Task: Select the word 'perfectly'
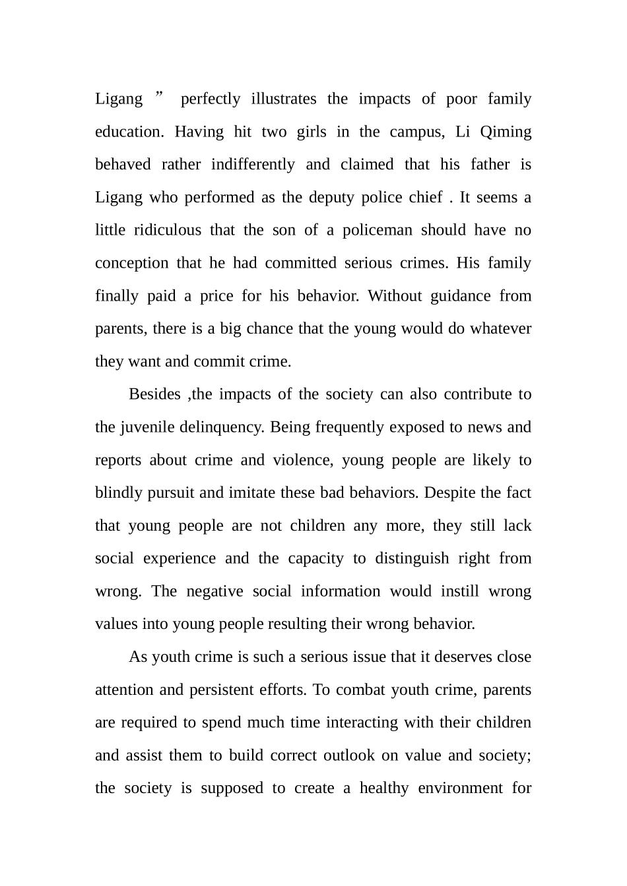211,99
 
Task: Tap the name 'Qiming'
506,132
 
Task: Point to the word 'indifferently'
253,165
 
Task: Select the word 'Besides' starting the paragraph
154,394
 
